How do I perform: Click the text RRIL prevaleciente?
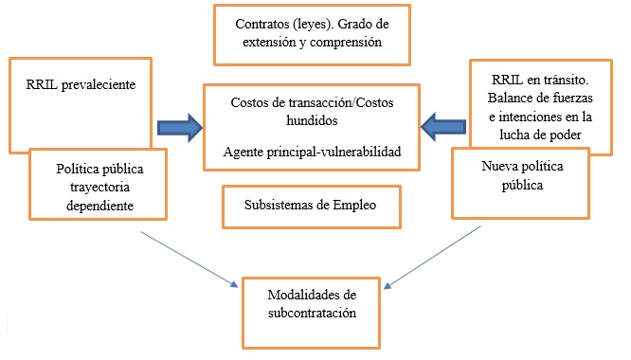click(69, 84)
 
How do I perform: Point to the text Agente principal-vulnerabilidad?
click(312, 151)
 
